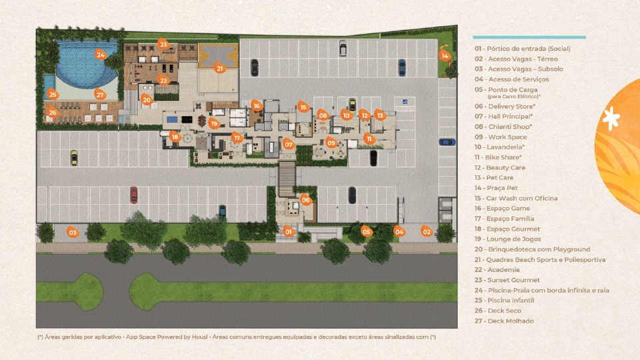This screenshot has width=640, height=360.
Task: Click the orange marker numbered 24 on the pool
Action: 101,55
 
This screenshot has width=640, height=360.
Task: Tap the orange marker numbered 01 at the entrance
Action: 289,231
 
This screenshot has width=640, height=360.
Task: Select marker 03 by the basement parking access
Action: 72,232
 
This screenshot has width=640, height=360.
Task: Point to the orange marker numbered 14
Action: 445,55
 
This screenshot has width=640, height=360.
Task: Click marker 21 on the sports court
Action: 220,68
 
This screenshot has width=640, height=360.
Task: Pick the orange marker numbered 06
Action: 305,199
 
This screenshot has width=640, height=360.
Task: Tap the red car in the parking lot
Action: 133,195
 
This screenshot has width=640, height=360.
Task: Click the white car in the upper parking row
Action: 343,48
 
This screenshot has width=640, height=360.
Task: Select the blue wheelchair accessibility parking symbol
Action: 405,101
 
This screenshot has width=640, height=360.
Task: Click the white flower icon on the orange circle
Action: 611,119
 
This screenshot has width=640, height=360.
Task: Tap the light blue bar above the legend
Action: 529,37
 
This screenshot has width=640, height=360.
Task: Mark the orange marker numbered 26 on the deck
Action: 52,112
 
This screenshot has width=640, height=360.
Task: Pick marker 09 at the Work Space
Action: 331,143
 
